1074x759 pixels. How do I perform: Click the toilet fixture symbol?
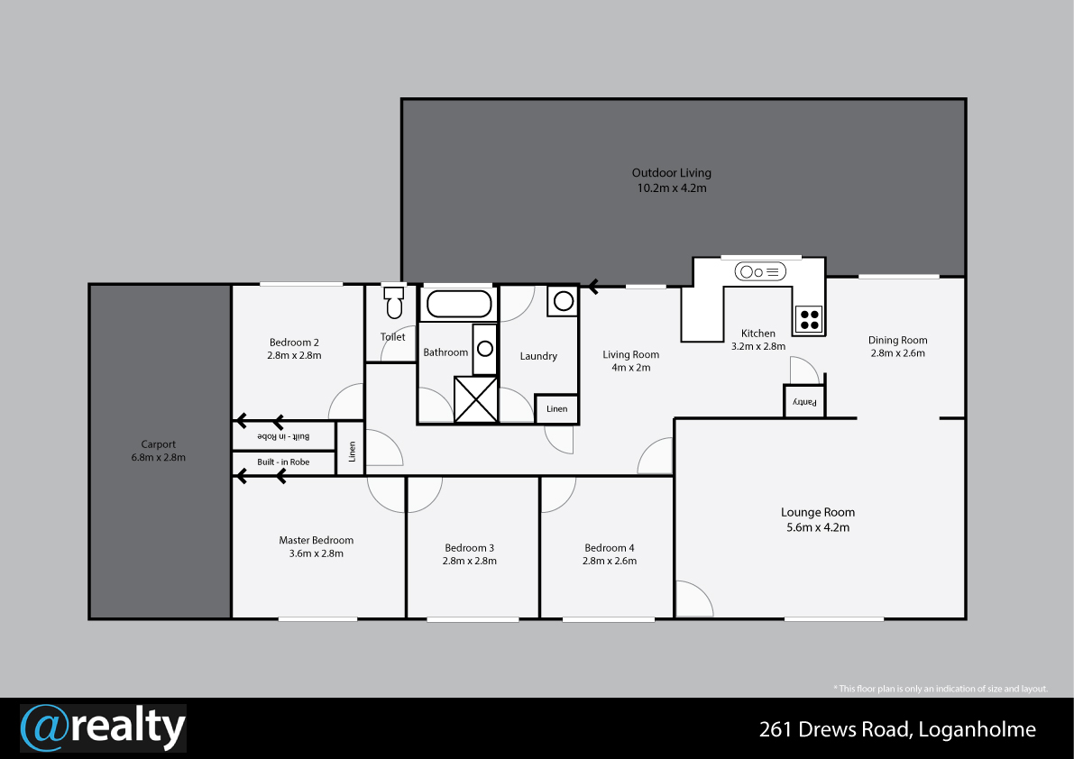click(394, 303)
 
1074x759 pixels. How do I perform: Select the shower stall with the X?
click(476, 399)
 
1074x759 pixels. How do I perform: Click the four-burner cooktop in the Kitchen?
click(809, 319)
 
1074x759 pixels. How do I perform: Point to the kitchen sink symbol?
click(760, 271)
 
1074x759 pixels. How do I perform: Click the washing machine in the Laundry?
click(563, 301)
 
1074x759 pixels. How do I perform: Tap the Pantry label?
click(804, 402)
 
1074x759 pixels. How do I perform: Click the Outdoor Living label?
click(671, 173)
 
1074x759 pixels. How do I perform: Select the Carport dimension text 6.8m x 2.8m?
click(158, 457)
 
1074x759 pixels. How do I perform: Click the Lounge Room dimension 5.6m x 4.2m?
click(818, 527)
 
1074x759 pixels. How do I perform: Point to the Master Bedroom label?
click(316, 540)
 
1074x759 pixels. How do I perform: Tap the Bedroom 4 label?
click(609, 547)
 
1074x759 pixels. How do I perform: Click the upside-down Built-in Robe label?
click(283, 436)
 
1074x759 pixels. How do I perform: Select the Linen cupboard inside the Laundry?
click(556, 409)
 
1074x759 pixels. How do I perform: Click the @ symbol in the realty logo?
click(45, 728)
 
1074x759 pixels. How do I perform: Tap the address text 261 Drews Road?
click(833, 729)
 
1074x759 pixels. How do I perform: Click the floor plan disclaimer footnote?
click(940, 689)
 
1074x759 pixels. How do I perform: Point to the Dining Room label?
click(897, 340)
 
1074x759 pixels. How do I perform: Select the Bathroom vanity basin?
click(485, 349)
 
